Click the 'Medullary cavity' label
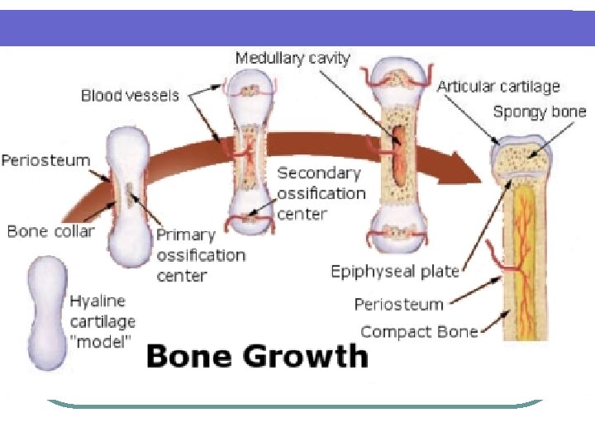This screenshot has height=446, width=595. [x=293, y=59]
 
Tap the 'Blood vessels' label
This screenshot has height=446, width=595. [x=130, y=96]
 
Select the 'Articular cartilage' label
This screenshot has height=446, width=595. [x=498, y=86]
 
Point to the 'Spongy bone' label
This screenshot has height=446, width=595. [x=540, y=112]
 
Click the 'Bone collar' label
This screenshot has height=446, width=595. [x=51, y=231]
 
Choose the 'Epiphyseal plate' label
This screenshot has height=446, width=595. [x=395, y=271]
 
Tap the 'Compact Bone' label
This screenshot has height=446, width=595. [x=419, y=332]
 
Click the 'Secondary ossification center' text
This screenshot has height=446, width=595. [x=321, y=193]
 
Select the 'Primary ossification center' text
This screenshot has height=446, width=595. [x=201, y=254]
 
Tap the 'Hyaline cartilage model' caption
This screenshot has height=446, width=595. [x=102, y=322]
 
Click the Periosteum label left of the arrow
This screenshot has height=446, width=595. [x=45, y=160]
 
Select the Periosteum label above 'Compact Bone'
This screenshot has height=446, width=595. [x=399, y=305]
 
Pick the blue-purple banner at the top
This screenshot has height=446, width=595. [x=297, y=27]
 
